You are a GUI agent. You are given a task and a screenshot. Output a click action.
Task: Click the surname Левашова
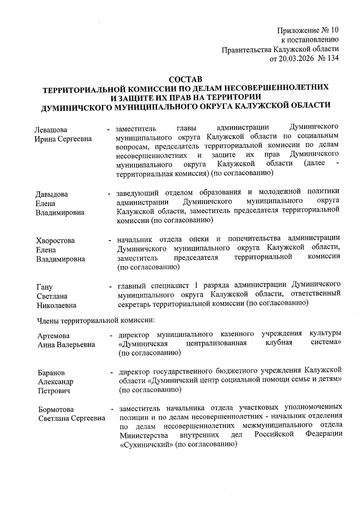pos(51,130)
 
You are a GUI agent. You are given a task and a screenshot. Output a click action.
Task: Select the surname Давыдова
pos(52,194)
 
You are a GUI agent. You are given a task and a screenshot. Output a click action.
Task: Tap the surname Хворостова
pos(55,241)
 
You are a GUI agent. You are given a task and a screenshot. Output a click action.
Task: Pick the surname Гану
pos(44,287)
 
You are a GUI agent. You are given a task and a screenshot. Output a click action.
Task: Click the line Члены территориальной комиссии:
pos(96,321)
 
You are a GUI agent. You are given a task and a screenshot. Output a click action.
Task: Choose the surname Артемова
pos(53,336)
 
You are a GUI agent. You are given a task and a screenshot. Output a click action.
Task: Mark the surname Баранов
pos(51,373)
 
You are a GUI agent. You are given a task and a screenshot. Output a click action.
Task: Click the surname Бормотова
pos(56,410)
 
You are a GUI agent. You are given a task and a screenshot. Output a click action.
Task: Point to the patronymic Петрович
pos(54,391)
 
